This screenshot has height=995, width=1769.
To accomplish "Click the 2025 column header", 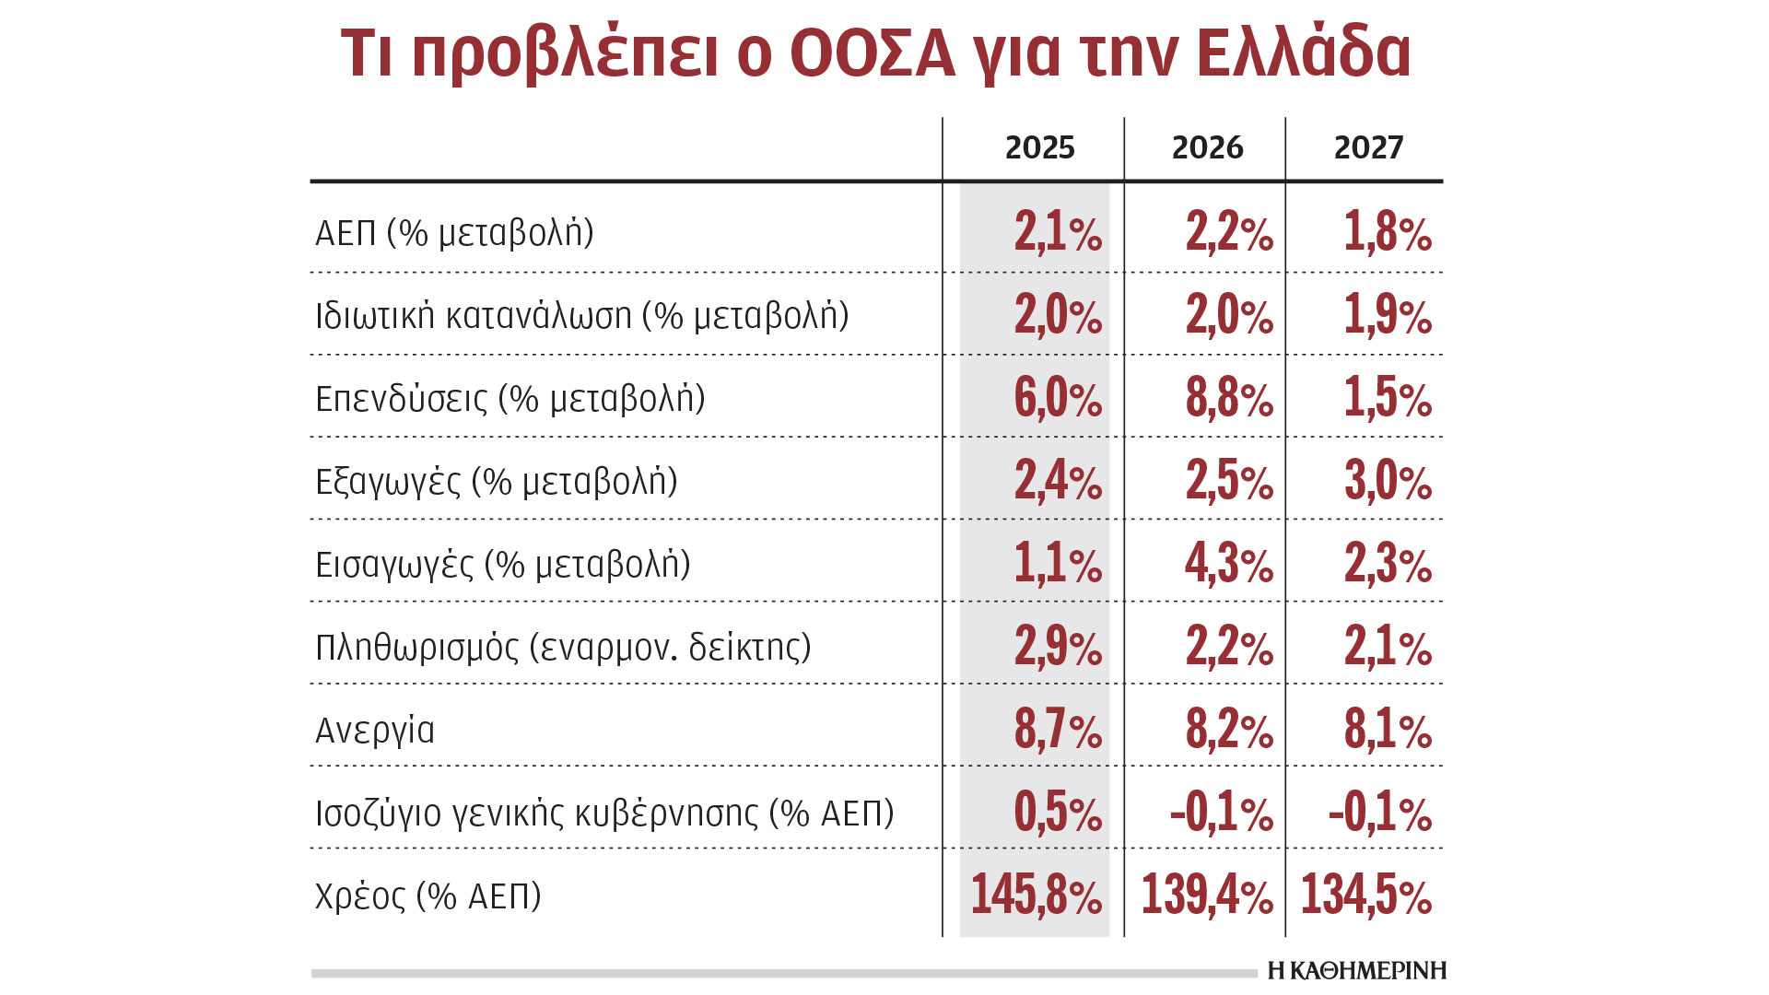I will click(1039, 147).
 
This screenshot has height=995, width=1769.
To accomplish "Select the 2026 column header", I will click(1207, 147).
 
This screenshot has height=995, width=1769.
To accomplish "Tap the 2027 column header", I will click(1368, 147).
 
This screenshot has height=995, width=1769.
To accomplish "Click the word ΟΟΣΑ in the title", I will click(873, 53).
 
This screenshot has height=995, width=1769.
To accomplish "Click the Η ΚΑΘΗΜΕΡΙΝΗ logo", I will click(1356, 970).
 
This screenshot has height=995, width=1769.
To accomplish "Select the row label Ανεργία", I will click(375, 731).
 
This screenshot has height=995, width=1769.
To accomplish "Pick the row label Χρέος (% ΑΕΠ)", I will click(428, 895).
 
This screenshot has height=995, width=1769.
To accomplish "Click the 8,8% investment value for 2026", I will click(1229, 398).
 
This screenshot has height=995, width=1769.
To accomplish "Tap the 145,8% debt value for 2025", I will click(1036, 895).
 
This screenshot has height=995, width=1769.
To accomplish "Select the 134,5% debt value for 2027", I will click(1366, 895).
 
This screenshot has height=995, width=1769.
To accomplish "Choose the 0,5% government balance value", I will click(1058, 813).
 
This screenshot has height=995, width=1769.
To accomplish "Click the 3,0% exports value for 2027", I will click(1388, 481).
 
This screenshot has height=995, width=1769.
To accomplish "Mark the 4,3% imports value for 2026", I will click(1229, 564).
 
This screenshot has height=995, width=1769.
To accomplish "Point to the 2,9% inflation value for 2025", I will click(1058, 647).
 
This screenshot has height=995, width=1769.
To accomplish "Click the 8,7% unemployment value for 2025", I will click(1058, 730).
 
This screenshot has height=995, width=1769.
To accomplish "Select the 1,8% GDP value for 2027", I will click(1388, 232).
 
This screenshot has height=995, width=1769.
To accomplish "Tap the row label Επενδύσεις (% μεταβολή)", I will click(510, 399).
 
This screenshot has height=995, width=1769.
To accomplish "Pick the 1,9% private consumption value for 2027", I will click(1388, 315).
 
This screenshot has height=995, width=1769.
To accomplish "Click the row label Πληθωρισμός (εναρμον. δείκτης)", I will click(563, 648).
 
